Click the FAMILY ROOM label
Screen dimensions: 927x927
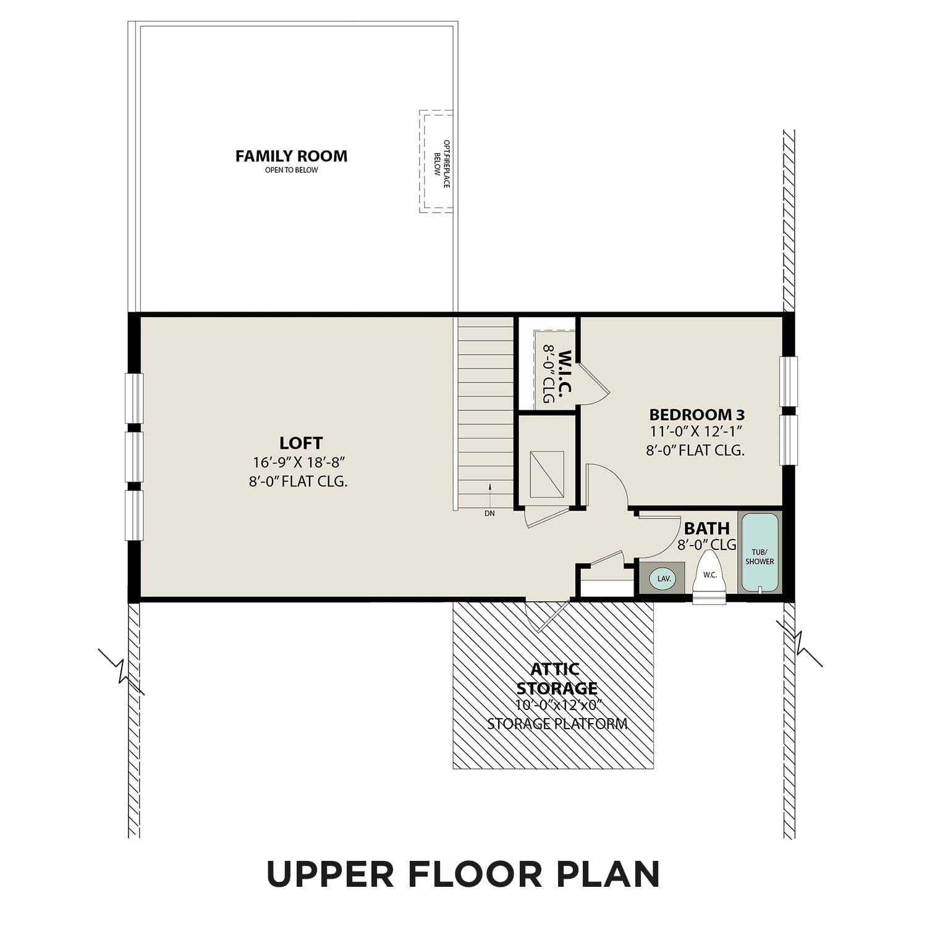click(x=291, y=156)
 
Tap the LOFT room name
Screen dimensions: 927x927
click(x=301, y=443)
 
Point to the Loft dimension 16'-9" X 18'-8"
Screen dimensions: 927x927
click(x=298, y=462)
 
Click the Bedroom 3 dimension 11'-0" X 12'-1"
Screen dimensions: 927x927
click(x=695, y=431)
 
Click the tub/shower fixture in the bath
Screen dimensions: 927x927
click(x=760, y=552)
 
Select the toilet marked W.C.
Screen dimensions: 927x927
click(x=709, y=578)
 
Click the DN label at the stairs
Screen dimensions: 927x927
click(x=489, y=514)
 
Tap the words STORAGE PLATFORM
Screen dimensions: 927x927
click(x=557, y=724)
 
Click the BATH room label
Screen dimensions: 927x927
click(x=706, y=528)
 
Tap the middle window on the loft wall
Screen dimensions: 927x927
click(x=135, y=457)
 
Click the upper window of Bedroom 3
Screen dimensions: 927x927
click(x=788, y=381)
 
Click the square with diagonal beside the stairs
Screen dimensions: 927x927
click(x=546, y=473)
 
